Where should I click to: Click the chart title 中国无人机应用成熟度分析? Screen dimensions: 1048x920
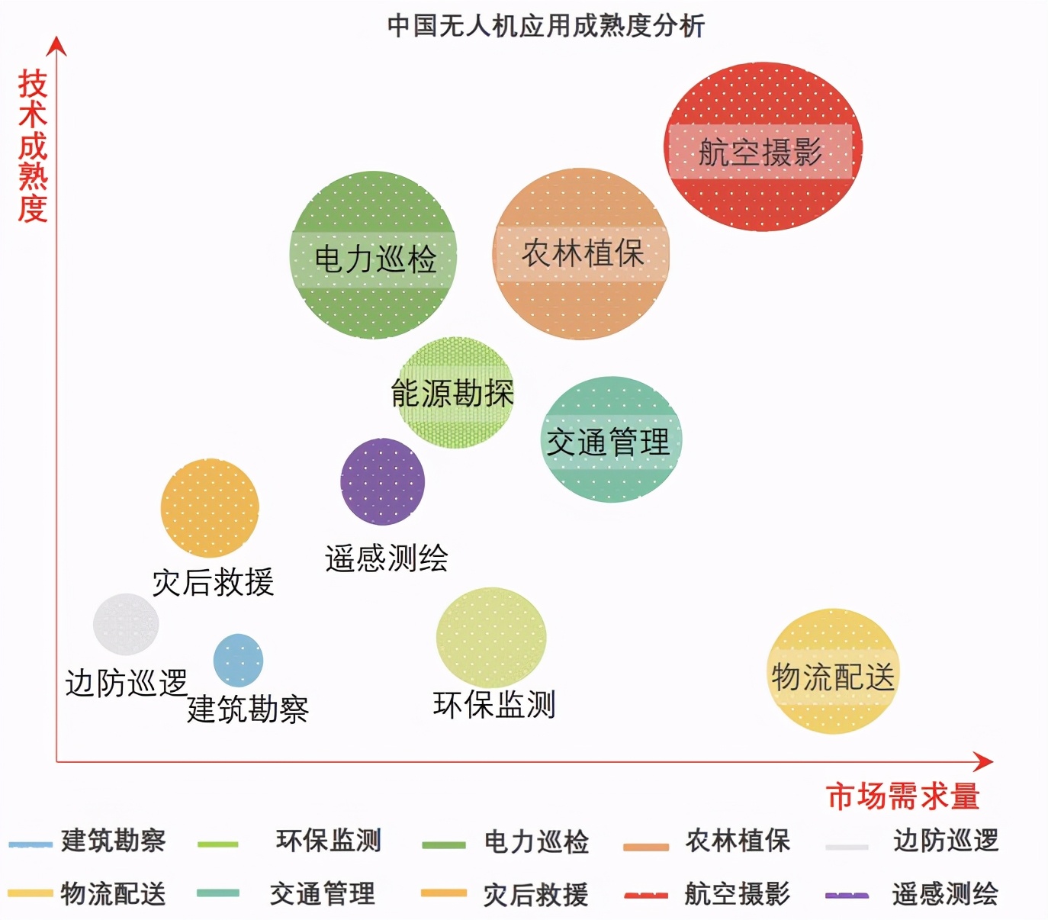(x=545, y=26)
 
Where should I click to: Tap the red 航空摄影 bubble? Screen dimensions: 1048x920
(x=763, y=146)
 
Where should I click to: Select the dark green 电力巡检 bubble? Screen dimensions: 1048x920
(x=373, y=255)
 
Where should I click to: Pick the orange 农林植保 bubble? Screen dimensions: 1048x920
(x=581, y=253)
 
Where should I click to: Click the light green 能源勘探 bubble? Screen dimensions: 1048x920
(x=455, y=391)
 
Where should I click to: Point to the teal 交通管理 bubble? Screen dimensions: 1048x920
(x=612, y=439)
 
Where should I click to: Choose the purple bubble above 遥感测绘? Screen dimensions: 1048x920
(x=382, y=481)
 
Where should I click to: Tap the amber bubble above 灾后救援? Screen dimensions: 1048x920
(x=210, y=507)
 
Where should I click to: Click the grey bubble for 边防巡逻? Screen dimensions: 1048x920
(x=126, y=624)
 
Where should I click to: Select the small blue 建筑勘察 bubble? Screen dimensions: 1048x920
(x=238, y=660)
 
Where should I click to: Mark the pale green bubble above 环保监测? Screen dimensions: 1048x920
(x=491, y=638)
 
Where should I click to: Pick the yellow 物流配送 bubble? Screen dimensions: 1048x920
(x=833, y=671)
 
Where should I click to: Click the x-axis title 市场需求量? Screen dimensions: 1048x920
(x=902, y=796)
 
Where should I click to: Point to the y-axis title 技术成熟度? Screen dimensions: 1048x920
(x=33, y=146)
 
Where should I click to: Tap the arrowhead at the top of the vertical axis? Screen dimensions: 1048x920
(x=56, y=46)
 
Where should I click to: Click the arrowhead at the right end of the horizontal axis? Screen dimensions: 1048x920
(x=983, y=761)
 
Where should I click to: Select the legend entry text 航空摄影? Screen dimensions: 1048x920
(x=737, y=893)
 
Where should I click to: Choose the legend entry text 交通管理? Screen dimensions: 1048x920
(x=323, y=893)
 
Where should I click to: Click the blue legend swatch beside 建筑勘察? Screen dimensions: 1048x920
(x=31, y=844)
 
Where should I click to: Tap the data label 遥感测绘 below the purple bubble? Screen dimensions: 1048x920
(x=387, y=558)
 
